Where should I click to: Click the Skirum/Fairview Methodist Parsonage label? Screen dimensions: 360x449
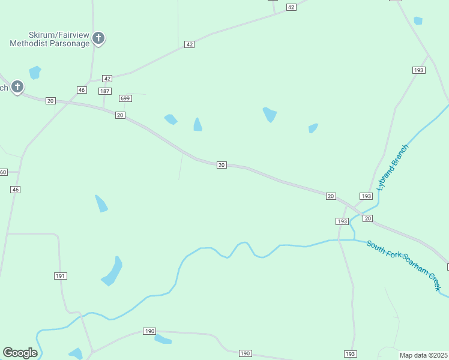point(49,39)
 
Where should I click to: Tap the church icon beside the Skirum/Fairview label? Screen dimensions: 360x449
point(99,39)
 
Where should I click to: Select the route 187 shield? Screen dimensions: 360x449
point(105,91)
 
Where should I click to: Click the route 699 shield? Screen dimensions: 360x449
point(125,98)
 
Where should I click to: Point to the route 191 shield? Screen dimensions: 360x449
point(60,276)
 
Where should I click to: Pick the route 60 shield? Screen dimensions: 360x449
point(3,172)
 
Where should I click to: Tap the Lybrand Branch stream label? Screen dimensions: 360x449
point(393,167)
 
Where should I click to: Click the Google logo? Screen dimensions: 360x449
point(20,353)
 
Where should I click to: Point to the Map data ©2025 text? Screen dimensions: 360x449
point(424,355)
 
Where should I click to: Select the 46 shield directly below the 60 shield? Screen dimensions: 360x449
point(16,190)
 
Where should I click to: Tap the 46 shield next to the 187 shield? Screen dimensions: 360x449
point(82,90)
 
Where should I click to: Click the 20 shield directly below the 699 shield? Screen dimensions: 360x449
point(121,115)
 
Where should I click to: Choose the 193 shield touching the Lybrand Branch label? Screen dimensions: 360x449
point(366,196)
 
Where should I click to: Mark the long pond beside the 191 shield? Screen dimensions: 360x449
point(113,271)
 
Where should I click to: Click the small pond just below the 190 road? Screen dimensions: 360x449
point(163,340)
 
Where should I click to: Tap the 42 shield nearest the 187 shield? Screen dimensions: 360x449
point(107,79)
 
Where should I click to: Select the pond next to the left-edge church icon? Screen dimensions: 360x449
point(35,73)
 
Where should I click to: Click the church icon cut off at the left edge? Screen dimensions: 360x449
point(17,87)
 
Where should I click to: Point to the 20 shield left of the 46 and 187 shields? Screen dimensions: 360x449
point(50,101)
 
